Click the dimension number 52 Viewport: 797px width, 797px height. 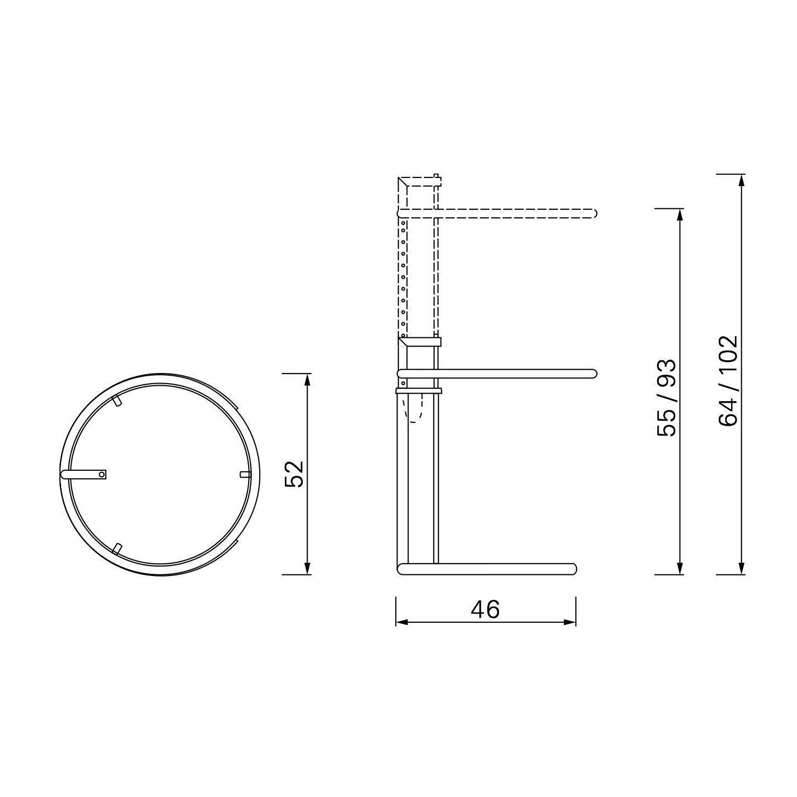(294, 473)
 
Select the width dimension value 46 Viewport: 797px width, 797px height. (485, 609)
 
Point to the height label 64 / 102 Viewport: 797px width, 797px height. (728, 380)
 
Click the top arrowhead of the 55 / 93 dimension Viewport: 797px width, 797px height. (679, 214)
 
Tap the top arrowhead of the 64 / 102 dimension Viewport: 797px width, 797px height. (741, 180)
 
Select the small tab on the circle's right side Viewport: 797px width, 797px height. (245, 474)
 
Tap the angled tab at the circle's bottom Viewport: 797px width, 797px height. (117, 548)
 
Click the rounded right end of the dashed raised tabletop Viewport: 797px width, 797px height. (595, 214)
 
